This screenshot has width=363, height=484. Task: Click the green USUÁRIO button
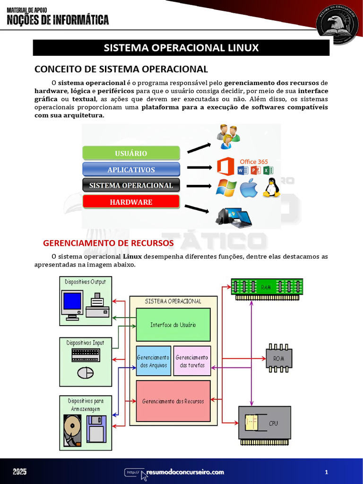point(131,153)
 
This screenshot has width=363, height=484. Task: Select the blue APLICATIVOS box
point(131,170)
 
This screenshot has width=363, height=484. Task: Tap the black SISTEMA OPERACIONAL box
point(131,185)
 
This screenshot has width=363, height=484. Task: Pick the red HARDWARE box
point(131,202)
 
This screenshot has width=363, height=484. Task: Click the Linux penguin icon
point(271,188)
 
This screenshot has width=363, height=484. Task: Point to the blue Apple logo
point(249,189)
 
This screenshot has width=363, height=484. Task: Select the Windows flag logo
point(226,188)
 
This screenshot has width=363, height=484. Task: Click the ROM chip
point(279,358)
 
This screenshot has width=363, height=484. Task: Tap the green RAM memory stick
point(267,286)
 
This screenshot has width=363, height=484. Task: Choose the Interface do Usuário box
point(173,325)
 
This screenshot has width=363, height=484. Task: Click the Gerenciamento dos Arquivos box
point(154,361)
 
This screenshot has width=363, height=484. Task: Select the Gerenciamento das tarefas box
point(191,361)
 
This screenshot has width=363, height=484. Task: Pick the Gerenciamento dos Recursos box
point(173,401)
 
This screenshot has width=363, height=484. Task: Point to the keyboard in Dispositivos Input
point(86,354)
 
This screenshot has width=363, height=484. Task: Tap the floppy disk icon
point(96,429)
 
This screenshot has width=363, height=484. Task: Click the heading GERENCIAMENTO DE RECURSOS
point(108,243)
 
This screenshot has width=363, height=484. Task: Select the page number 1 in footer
point(327,472)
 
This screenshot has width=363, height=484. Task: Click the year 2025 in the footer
point(20,472)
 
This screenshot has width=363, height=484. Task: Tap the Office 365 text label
point(254,162)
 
